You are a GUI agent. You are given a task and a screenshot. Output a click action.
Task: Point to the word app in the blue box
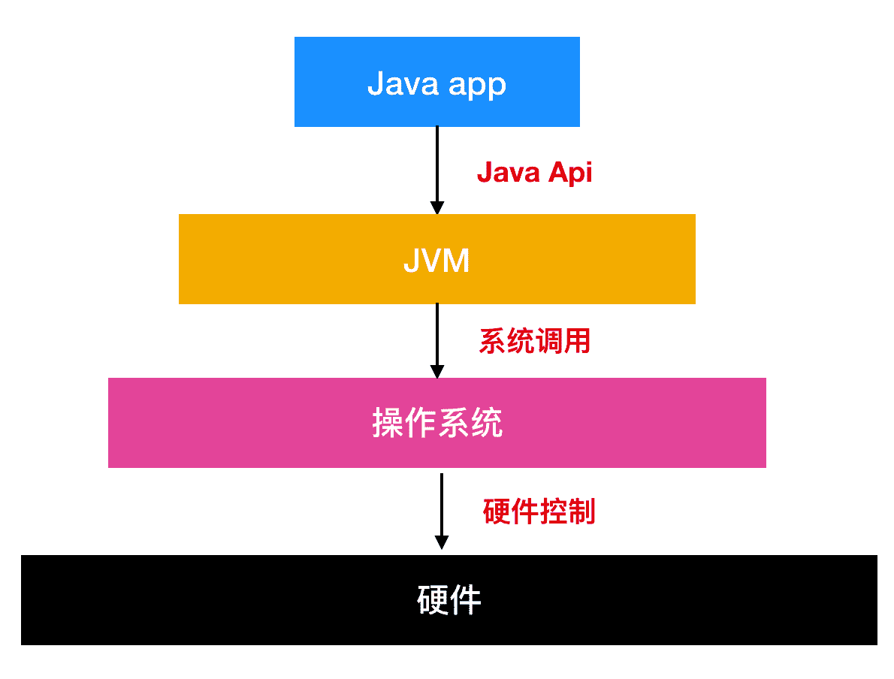click(478, 84)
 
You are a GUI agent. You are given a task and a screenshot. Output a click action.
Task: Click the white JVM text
click(436, 260)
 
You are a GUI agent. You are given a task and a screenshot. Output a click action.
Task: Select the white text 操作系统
click(437, 423)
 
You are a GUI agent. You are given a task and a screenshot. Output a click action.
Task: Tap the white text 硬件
click(449, 600)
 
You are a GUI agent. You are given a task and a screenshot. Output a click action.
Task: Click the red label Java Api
click(534, 173)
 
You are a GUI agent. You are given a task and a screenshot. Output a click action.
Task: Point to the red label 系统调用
click(535, 342)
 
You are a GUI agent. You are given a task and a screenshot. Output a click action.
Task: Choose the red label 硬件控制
click(539, 512)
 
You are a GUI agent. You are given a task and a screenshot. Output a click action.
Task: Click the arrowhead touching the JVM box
click(436, 208)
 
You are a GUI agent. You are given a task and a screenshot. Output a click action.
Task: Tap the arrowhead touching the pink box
click(436, 371)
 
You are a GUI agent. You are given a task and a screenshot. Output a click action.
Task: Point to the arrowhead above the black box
click(442, 542)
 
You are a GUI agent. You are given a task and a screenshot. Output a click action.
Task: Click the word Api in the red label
click(570, 174)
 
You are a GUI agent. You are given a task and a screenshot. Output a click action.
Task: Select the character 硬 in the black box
click(433, 600)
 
